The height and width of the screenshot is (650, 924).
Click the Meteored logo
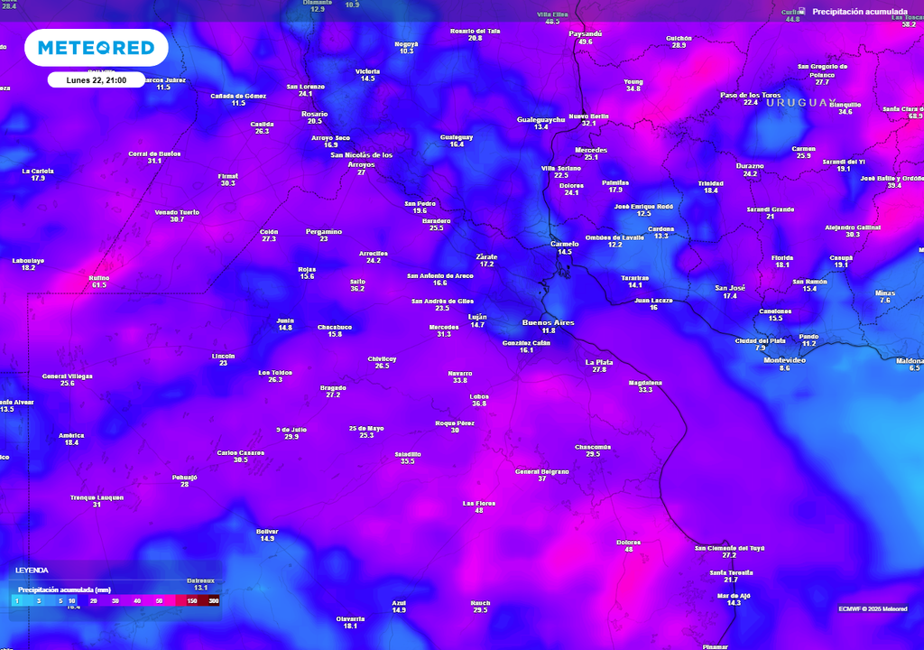(x=96, y=48)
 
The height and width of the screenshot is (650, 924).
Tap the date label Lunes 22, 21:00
(x=96, y=80)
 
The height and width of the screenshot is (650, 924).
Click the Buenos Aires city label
(x=548, y=322)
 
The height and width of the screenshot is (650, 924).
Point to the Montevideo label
(x=783, y=360)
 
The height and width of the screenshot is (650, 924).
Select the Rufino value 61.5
(x=99, y=285)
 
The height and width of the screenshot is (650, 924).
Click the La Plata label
(x=599, y=362)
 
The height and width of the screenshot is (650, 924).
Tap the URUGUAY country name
(x=801, y=103)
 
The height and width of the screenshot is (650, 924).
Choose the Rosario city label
(x=314, y=114)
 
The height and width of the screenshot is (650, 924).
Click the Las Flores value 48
(x=479, y=511)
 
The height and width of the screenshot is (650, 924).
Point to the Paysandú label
(x=586, y=33)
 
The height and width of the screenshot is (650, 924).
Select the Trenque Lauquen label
(x=97, y=497)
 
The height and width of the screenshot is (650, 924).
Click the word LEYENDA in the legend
(x=32, y=571)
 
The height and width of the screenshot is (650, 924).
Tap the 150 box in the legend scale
(x=192, y=600)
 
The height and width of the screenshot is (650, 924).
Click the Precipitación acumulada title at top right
(x=860, y=12)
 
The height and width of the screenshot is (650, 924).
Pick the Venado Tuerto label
(x=177, y=212)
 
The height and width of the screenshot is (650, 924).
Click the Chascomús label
(x=593, y=447)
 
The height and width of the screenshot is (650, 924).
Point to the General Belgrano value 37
(x=542, y=479)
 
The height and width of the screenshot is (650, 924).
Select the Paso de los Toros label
(x=750, y=95)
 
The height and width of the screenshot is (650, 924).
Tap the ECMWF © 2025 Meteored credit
(x=873, y=608)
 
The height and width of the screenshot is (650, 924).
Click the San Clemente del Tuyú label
(x=730, y=548)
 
